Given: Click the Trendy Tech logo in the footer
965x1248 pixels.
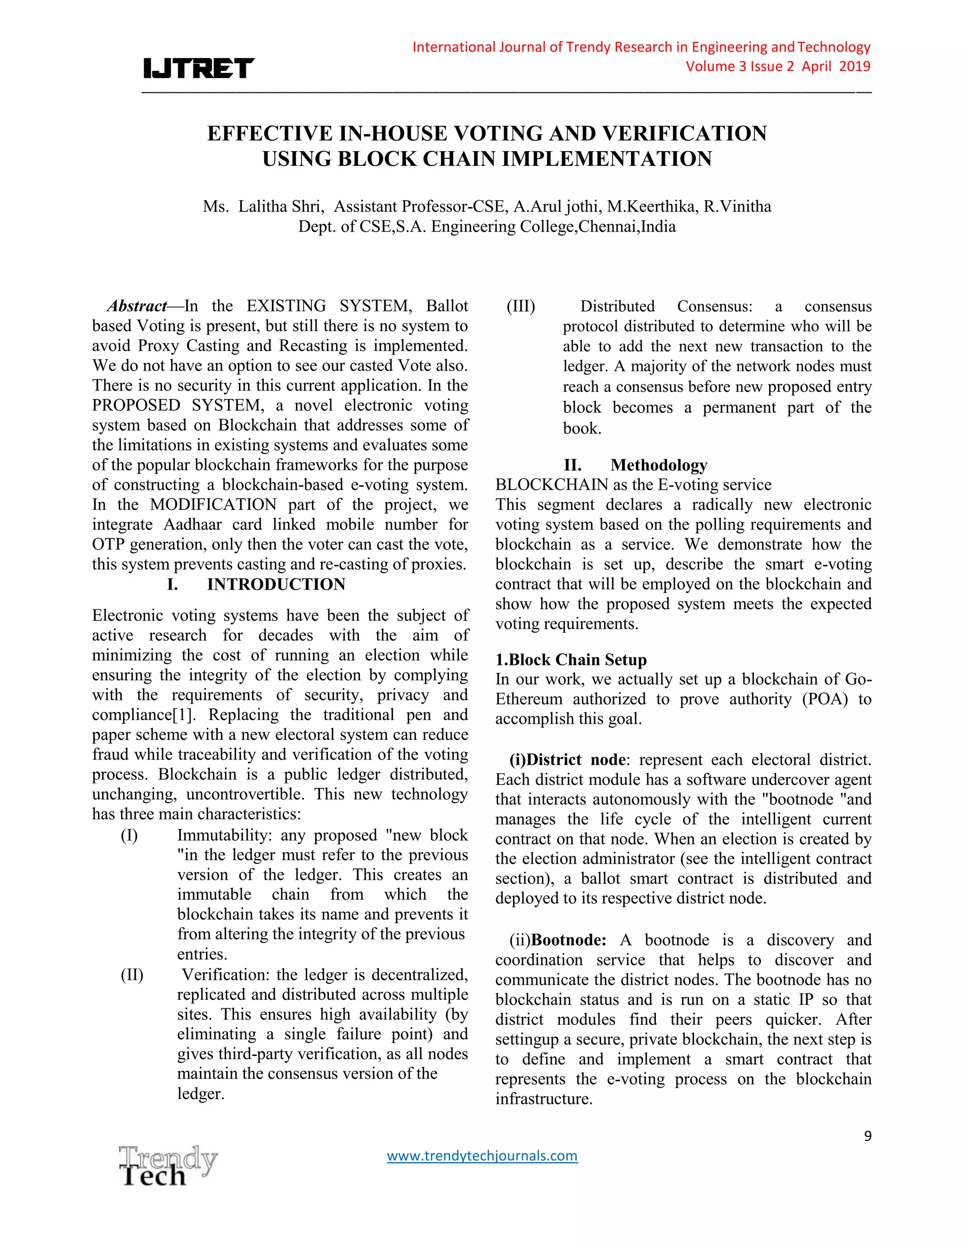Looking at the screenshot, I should pyautogui.click(x=167, y=1165).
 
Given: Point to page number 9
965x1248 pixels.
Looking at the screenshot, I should pyautogui.click(x=867, y=1136).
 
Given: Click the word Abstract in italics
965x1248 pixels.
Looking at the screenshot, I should pyautogui.click(x=137, y=306).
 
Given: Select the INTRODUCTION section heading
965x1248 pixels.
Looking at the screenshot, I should pyautogui.click(x=276, y=584).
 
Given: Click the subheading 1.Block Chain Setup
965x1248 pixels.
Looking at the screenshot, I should pyautogui.click(x=571, y=659).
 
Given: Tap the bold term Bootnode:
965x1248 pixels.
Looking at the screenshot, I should pyautogui.click(x=569, y=940).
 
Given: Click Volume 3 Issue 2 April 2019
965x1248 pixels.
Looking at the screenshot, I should pyautogui.click(x=777, y=66).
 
